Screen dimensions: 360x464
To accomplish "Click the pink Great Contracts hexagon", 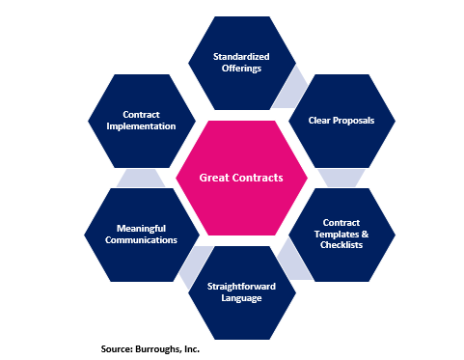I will (x=242, y=178).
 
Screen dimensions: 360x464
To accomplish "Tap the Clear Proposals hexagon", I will (x=341, y=121).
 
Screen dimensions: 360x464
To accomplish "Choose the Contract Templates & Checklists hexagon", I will (x=341, y=235).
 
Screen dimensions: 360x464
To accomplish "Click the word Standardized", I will (x=242, y=57).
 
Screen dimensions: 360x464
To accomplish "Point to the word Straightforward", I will (x=242, y=286).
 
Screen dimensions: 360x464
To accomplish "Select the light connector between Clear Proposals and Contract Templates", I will (x=341, y=178).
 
